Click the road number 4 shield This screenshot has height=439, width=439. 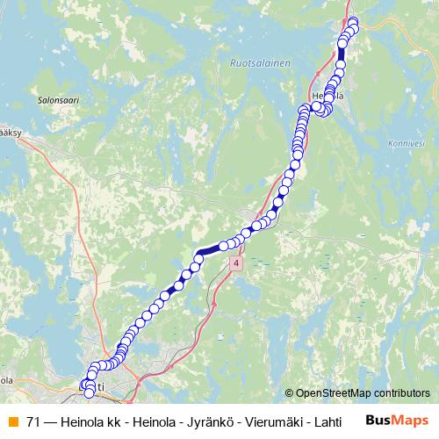236,263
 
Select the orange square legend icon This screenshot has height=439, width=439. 12,420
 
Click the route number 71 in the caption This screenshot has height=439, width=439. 33,420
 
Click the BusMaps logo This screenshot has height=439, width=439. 397,420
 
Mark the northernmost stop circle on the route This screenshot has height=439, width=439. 353,22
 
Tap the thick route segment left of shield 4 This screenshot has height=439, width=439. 211,250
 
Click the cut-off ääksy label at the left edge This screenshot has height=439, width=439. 10,133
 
